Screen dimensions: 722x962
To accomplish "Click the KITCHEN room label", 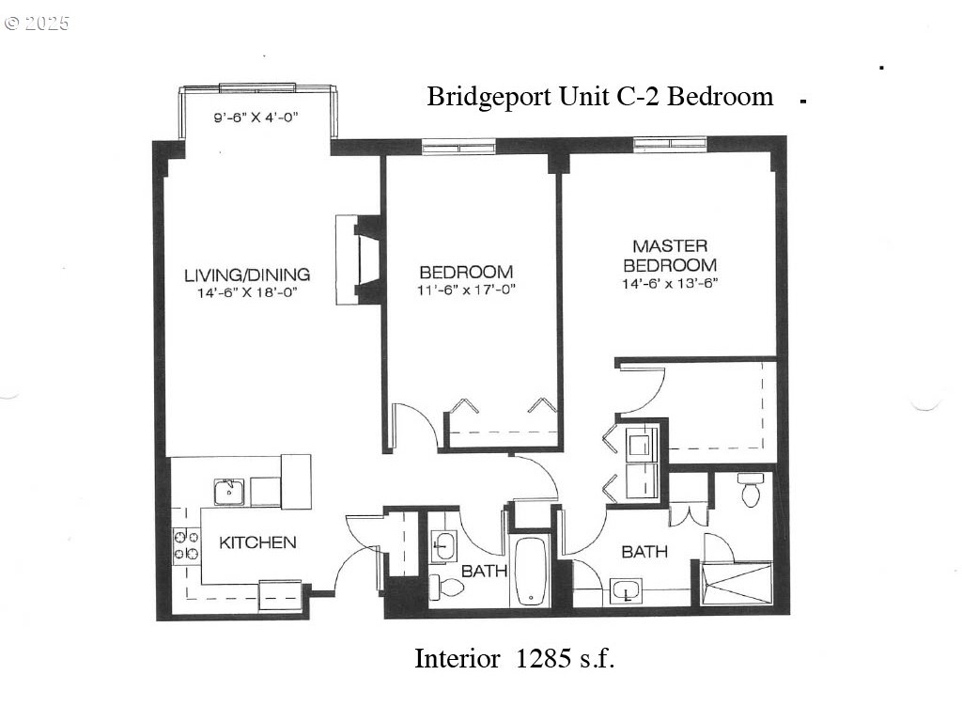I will click(257, 542).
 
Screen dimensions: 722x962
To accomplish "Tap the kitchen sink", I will click(228, 491).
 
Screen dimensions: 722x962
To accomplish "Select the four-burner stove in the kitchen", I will click(185, 546).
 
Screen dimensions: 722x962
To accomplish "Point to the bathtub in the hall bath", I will click(532, 571).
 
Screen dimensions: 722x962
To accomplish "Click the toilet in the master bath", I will click(750, 490).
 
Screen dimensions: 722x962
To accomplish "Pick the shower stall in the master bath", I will click(737, 583).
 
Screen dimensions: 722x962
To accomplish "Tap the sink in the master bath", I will click(624, 592).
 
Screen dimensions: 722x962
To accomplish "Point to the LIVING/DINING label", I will click(246, 275).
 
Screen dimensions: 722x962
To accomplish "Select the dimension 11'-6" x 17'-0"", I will click(466, 290).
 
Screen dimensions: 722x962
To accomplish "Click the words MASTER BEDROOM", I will click(669, 256).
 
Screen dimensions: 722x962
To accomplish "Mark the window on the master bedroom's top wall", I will click(670, 143).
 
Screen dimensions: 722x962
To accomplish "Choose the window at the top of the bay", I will click(256, 88).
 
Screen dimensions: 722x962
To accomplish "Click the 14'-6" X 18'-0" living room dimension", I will click(246, 293).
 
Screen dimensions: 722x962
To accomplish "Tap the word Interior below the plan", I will click(457, 659).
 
